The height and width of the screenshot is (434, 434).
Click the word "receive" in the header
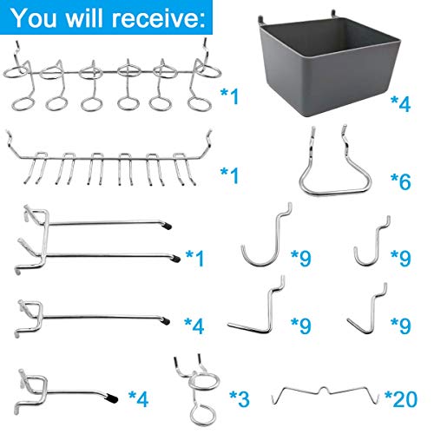coord(147,16)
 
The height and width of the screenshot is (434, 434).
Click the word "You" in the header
coord(40,16)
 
